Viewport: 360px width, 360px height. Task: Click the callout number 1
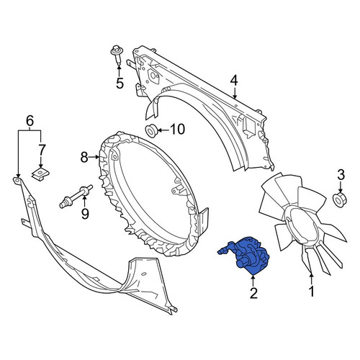coord(311,292)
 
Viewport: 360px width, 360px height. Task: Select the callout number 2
coord(253,293)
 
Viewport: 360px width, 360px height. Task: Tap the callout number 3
coord(341,175)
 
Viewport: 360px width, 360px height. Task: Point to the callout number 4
coord(234,81)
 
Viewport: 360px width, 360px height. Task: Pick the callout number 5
coord(120,84)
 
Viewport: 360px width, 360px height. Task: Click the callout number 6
coord(30,121)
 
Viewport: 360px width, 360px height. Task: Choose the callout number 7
coord(41,150)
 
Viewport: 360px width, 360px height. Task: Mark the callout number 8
coord(84,158)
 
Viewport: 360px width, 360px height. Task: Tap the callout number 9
coord(85,214)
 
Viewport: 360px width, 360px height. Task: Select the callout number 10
coord(178,129)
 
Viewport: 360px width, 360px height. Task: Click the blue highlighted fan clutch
coord(246,256)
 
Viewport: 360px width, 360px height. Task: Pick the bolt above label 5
coord(117,54)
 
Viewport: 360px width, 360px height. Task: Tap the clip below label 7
coord(41,174)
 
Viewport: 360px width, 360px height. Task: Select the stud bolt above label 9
coord(76,197)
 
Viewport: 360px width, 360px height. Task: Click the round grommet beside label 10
coord(151,131)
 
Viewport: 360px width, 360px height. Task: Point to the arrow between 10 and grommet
coord(163,130)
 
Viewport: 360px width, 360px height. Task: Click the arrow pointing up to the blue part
coord(253,281)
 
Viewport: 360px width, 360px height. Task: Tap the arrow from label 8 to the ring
coord(94,157)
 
